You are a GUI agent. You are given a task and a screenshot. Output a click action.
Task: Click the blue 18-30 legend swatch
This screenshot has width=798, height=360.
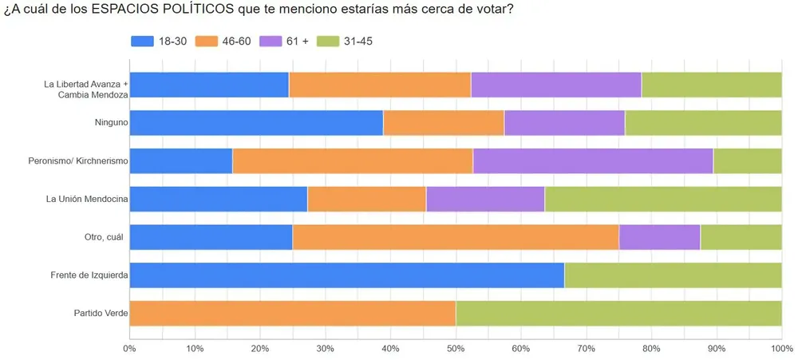144,42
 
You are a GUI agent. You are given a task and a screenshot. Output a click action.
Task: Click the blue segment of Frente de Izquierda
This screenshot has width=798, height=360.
346,275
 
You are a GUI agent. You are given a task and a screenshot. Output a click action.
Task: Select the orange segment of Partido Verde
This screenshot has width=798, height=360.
292,314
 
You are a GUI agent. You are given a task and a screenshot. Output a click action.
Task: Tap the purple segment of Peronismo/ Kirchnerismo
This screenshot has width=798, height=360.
592,161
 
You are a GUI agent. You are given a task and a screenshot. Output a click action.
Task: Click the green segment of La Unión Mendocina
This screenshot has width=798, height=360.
662,199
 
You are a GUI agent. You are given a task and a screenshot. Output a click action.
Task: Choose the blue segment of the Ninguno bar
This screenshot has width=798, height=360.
256,123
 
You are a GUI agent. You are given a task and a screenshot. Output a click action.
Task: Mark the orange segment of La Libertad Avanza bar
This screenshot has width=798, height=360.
380,85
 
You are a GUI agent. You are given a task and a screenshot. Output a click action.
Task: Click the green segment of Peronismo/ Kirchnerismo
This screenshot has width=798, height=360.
747,161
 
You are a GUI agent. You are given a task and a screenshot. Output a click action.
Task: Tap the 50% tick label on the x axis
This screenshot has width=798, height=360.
455,349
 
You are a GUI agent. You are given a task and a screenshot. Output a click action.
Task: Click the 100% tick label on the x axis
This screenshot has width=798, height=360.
780,349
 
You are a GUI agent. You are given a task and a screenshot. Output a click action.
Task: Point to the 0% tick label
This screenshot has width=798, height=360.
129,349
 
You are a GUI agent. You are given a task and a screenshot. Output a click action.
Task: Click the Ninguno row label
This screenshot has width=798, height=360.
108,123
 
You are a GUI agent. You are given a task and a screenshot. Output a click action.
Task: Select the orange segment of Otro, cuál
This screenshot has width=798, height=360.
455,237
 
